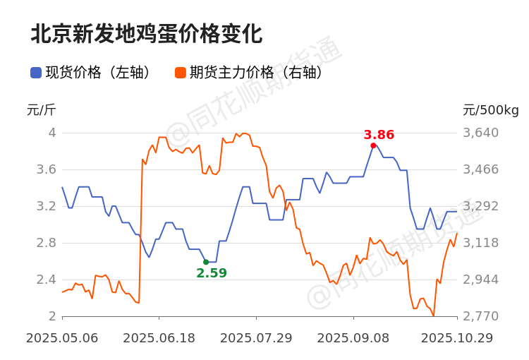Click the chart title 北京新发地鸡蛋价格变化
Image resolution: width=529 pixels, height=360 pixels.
(146, 34)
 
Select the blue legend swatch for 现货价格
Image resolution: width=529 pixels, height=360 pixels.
(36, 73)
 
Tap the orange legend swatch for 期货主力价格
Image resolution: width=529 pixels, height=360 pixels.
(181, 73)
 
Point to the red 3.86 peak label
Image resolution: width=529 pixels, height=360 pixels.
(379, 135)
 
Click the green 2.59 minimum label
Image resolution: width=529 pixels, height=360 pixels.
(212, 273)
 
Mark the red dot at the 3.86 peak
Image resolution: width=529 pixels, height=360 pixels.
(373, 145)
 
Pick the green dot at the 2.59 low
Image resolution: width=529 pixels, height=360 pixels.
(206, 262)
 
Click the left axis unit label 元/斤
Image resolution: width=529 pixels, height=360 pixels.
(41, 110)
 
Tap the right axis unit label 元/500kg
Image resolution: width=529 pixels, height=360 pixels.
(490, 110)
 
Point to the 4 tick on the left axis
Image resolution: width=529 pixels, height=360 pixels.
(51, 133)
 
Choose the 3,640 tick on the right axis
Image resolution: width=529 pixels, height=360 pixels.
(480, 133)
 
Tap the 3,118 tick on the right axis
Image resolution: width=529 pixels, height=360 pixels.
(480, 243)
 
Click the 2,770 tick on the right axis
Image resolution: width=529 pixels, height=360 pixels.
(480, 316)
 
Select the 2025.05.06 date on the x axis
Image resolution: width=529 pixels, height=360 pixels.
(62, 338)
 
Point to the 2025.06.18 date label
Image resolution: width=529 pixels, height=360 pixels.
(159, 338)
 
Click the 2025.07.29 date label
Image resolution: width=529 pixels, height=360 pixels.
(256, 338)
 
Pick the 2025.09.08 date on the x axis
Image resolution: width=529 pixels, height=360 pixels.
(353, 338)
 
